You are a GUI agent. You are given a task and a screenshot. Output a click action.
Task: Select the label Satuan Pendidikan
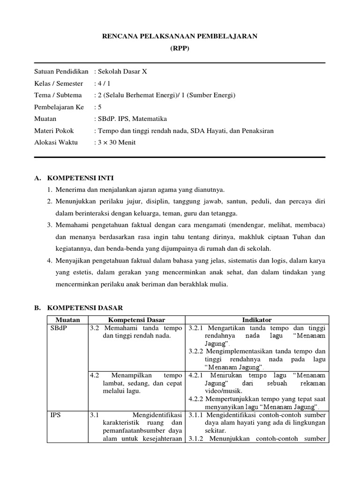[x=61, y=72]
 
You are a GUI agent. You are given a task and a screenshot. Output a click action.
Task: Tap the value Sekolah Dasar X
[x=122, y=72]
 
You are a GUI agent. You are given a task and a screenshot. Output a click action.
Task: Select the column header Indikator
[x=257, y=320]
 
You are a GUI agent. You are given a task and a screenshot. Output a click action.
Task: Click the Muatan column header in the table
[x=67, y=320]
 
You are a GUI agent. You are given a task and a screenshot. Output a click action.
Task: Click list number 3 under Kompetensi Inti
[x=49, y=225]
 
